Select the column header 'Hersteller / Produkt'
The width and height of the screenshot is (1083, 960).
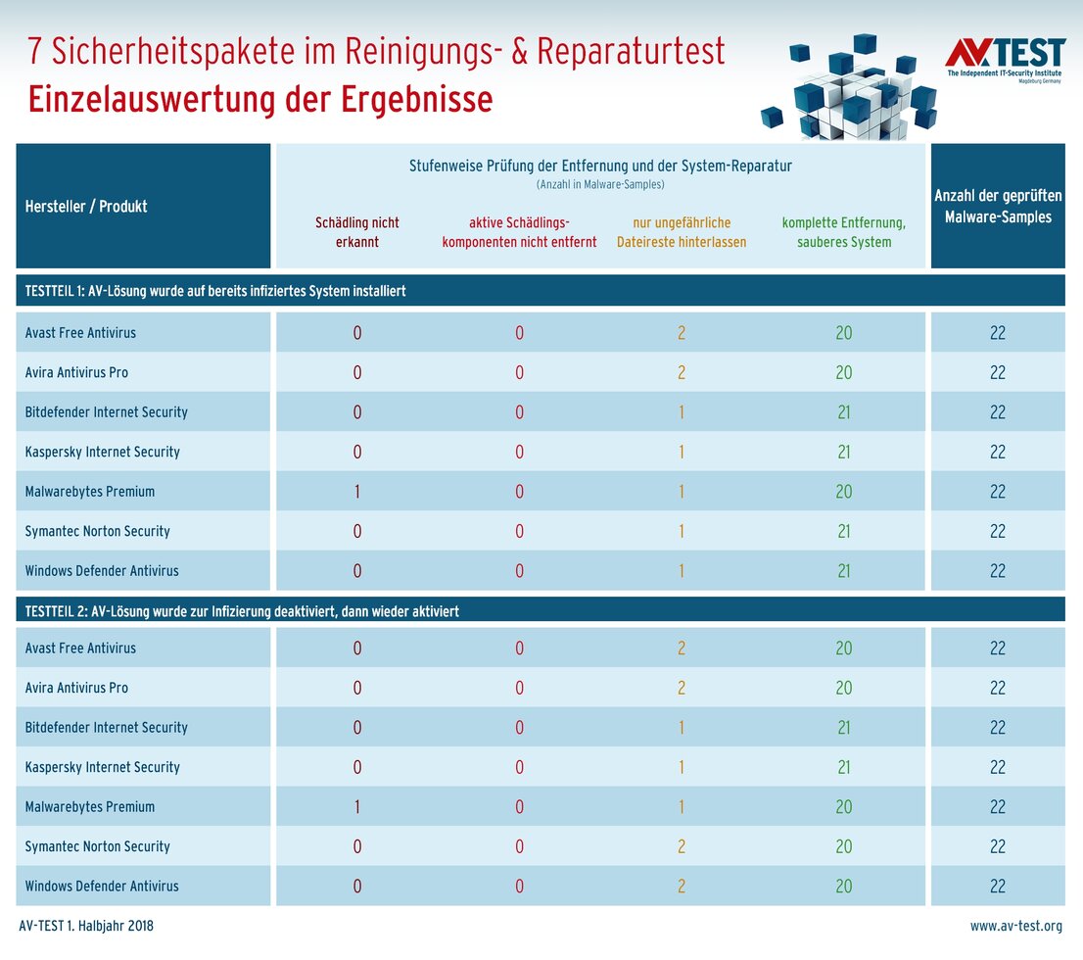[86, 207]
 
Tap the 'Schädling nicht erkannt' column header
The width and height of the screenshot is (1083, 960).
[356, 232]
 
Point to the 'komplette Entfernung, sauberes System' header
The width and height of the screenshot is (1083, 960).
[843, 232]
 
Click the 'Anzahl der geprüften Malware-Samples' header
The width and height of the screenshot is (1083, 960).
[997, 207]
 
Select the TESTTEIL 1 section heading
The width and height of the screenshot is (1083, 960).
[214, 292]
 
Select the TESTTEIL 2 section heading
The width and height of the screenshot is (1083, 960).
[242, 611]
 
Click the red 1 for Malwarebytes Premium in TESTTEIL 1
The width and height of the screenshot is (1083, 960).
[356, 492]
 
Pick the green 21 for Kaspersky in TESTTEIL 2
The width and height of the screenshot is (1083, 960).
[843, 767]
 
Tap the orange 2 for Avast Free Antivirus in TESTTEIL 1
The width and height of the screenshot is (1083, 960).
[681, 333]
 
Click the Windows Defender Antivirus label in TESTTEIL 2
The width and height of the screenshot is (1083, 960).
[102, 887]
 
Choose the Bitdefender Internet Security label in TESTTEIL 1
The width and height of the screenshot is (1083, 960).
[106, 412]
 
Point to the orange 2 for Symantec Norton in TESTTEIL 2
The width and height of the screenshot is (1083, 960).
[681, 846]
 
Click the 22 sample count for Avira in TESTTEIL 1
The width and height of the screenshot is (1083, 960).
[997, 373]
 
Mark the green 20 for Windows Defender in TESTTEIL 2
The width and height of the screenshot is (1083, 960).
[843, 887]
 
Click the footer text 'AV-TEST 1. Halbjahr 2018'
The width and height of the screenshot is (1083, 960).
[86, 926]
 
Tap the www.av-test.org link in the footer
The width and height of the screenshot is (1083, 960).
[1015, 926]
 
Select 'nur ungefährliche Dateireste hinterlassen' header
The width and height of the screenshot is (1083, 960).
[681, 232]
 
